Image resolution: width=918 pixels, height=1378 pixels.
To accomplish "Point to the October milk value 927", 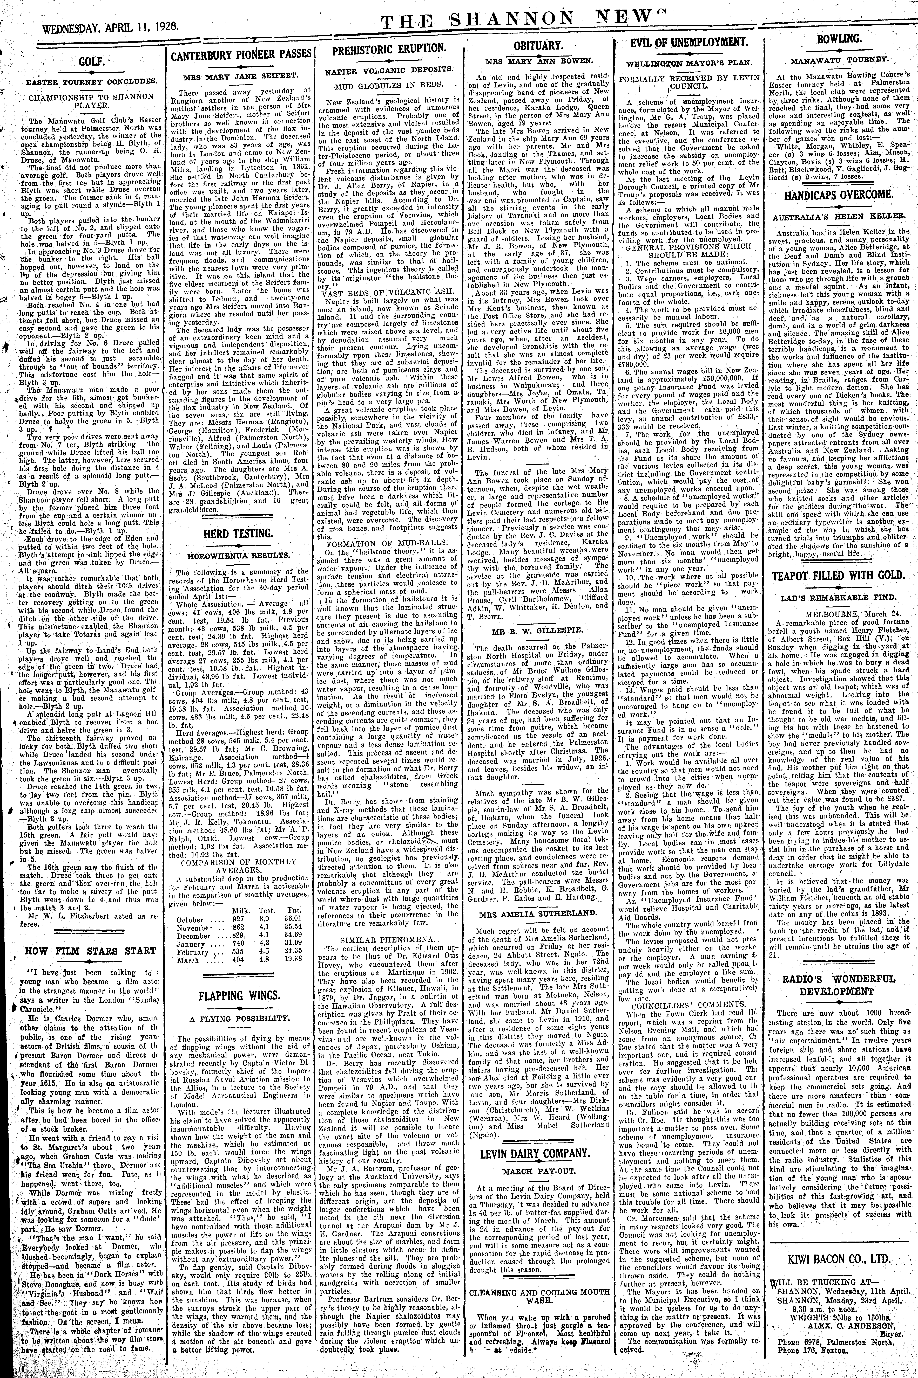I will (x=238, y=919).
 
